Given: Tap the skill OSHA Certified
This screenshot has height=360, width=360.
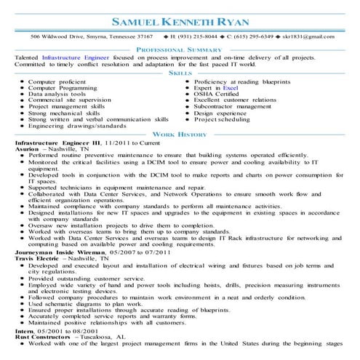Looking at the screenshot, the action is [218, 94].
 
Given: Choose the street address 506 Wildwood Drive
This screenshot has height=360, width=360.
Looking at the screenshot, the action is [55, 35].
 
